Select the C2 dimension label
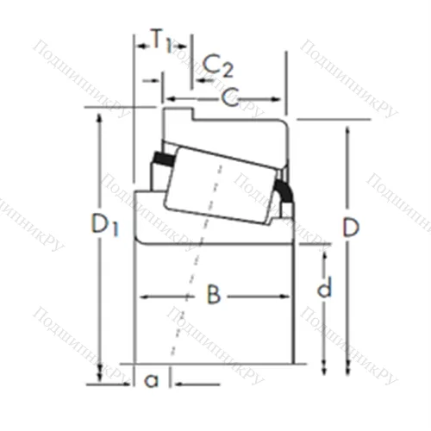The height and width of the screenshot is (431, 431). tap(218, 64)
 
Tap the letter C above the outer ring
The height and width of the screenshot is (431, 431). tap(228, 97)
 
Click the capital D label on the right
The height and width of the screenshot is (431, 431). tap(350, 228)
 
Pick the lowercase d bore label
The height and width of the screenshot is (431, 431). tap(324, 289)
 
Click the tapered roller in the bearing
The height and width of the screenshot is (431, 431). tap(220, 185)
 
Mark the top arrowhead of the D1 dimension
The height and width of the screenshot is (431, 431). tap(101, 117)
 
